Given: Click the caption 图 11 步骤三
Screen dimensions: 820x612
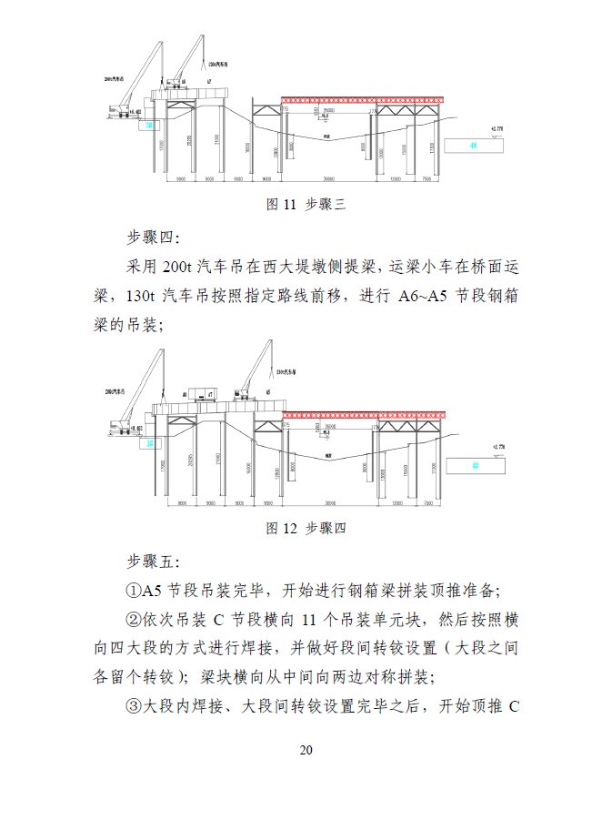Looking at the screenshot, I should (x=306, y=205).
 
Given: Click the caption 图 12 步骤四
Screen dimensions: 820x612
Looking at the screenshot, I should (x=306, y=528).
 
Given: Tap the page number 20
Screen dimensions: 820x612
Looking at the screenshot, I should (x=306, y=750).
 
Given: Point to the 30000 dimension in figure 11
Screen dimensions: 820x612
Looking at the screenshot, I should (x=329, y=179).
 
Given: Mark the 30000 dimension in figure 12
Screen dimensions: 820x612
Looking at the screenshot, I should (x=329, y=501).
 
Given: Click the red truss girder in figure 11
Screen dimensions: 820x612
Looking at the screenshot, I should (x=364, y=98).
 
